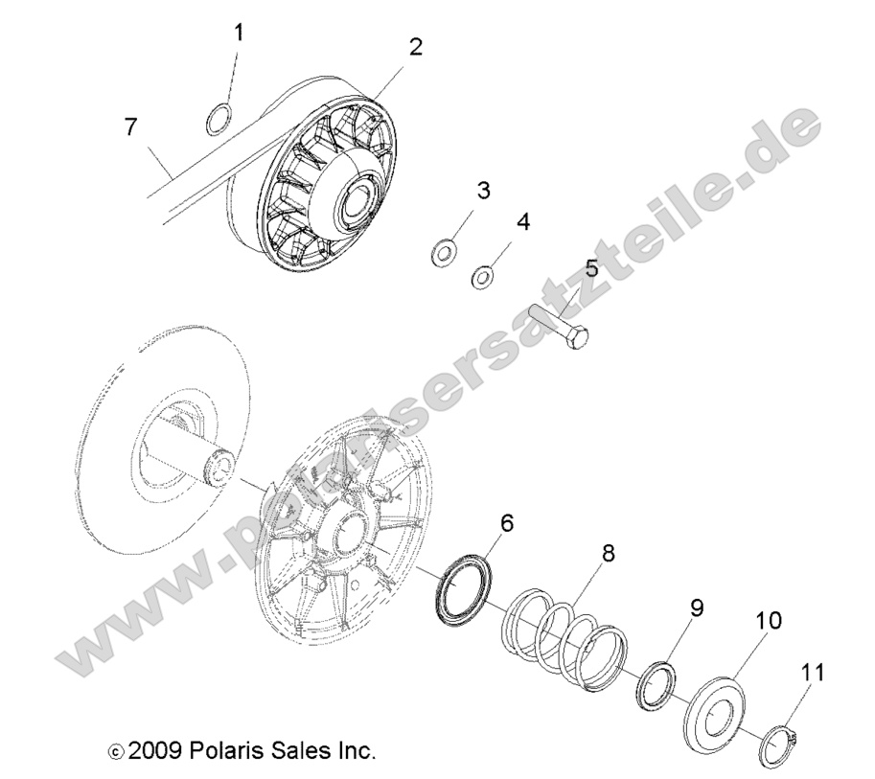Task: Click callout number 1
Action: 239,34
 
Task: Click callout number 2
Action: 416,46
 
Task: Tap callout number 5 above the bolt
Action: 591,267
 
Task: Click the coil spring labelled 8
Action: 565,637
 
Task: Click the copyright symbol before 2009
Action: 117,750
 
